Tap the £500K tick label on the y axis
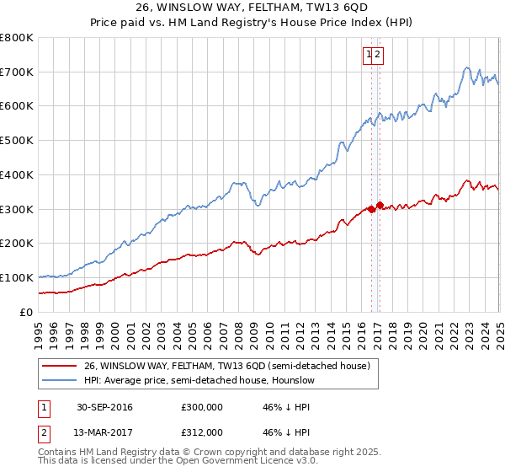(x=17, y=141)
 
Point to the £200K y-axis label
(x=17, y=244)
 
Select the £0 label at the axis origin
(x=26, y=312)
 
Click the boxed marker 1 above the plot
(x=369, y=55)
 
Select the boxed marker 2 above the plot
(x=379, y=55)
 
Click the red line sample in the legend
(x=59, y=366)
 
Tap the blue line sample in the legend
(x=59, y=380)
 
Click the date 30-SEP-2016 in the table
(x=104, y=407)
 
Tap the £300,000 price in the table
(x=202, y=407)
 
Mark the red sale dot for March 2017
(x=380, y=205)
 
